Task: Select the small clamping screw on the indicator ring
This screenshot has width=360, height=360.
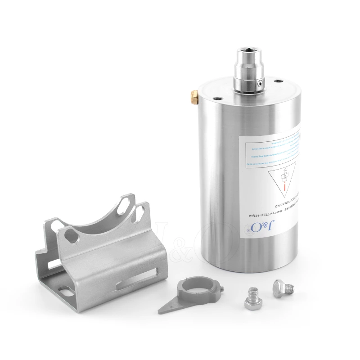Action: (221, 288)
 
